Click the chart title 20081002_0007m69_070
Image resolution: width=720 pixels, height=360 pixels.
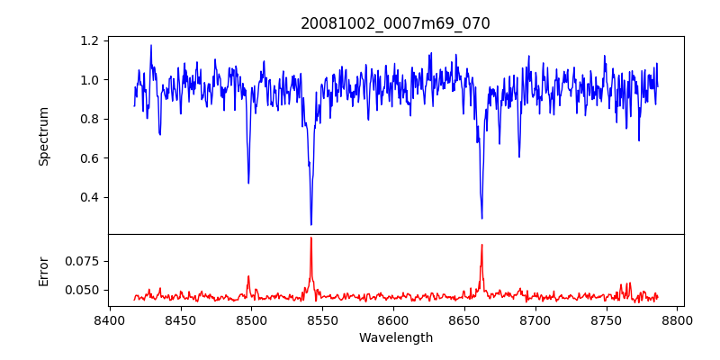coord(395,23)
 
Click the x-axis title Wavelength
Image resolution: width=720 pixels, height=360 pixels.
coord(395,338)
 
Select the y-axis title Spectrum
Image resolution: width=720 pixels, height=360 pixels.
coord(43,136)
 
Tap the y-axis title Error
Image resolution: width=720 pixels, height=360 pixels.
coord(43,271)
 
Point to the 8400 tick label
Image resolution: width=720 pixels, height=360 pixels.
coord(110,319)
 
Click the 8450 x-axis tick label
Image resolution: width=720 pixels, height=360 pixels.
coord(181,319)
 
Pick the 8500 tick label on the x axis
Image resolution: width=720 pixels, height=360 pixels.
coord(252,319)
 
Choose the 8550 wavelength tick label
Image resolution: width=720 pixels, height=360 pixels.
coord(323,319)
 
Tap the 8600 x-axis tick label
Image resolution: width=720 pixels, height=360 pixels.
coord(394,319)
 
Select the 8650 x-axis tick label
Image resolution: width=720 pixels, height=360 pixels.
coord(465,319)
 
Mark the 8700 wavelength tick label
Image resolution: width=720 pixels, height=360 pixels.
coord(536,319)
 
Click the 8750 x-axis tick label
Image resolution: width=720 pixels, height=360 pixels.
coord(607,319)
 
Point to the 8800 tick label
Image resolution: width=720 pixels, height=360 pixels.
coord(679,319)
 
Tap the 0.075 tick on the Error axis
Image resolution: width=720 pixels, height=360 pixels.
coord(84,261)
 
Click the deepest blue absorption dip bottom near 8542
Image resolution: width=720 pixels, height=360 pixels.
coord(311,224)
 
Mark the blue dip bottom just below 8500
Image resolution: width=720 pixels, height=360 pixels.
coord(248,183)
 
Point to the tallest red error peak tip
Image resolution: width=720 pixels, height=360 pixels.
coord(311,238)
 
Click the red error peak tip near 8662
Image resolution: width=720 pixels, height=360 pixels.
coord(481,245)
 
